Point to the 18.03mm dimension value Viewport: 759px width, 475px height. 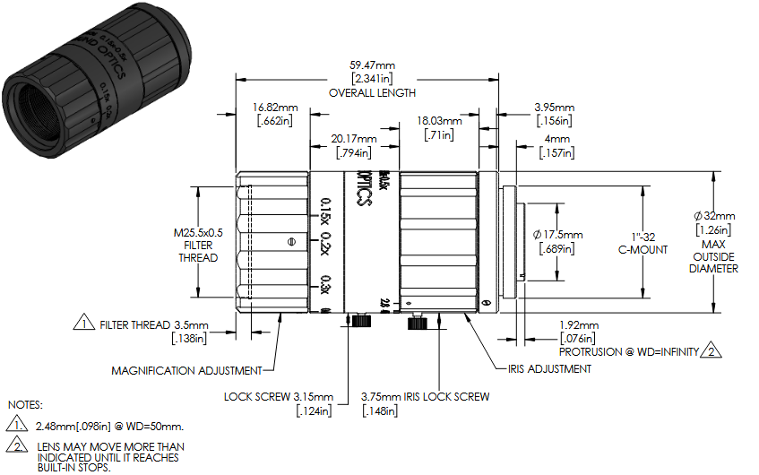pos(439,121)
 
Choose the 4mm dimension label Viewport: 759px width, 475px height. pos(556,140)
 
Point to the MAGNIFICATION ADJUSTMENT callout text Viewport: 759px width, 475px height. pos(186,370)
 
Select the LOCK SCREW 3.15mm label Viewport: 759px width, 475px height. pos(279,397)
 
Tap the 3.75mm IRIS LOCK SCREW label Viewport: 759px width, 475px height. pos(426,397)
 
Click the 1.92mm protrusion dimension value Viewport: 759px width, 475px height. pos(578,325)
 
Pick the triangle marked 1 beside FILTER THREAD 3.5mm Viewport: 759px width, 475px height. pos(83,324)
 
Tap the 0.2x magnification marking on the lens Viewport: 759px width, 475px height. pos(324,244)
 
